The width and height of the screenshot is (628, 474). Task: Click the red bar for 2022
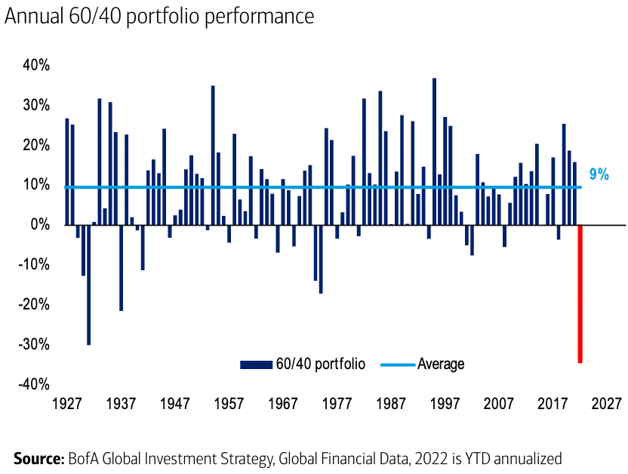(580, 294)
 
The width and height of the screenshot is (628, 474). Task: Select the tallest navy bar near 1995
(434, 151)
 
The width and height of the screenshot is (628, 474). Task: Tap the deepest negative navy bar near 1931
(88, 285)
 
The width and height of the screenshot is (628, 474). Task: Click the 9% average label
(599, 174)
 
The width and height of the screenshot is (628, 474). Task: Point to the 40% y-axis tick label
(36, 66)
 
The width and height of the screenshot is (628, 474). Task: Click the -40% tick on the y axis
(34, 384)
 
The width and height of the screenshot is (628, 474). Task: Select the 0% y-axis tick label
(41, 225)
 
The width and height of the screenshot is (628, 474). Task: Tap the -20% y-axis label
(34, 304)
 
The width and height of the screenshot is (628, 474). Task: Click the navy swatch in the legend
(255, 365)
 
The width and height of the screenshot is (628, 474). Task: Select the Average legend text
(441, 365)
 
